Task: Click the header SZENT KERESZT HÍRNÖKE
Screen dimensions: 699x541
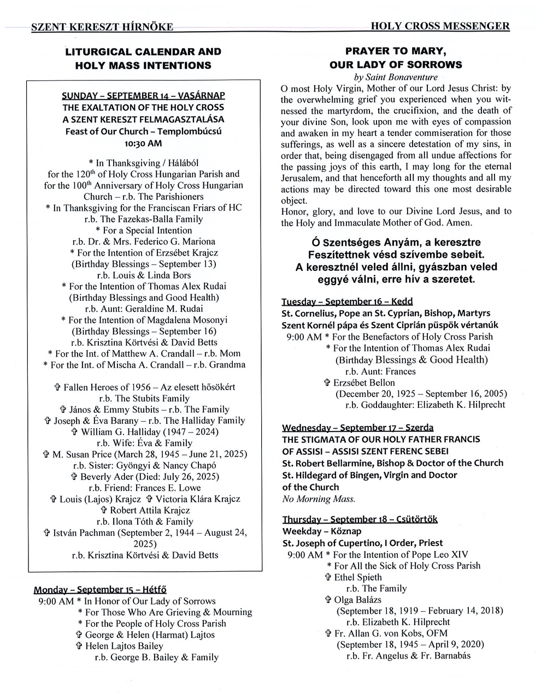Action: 102,27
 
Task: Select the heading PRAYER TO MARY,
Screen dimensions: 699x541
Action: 396,51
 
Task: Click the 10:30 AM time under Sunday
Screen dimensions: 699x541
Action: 143,143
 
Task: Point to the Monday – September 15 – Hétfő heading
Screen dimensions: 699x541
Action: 100,589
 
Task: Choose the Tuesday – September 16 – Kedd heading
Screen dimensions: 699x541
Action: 347,301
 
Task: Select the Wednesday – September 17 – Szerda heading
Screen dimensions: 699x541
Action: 358,427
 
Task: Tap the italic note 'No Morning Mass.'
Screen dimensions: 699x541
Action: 319,499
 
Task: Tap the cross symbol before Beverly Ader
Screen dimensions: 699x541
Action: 74,477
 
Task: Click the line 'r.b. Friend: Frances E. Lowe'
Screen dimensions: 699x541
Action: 144,488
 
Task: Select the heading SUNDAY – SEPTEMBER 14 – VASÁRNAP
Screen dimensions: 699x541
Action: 143,96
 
